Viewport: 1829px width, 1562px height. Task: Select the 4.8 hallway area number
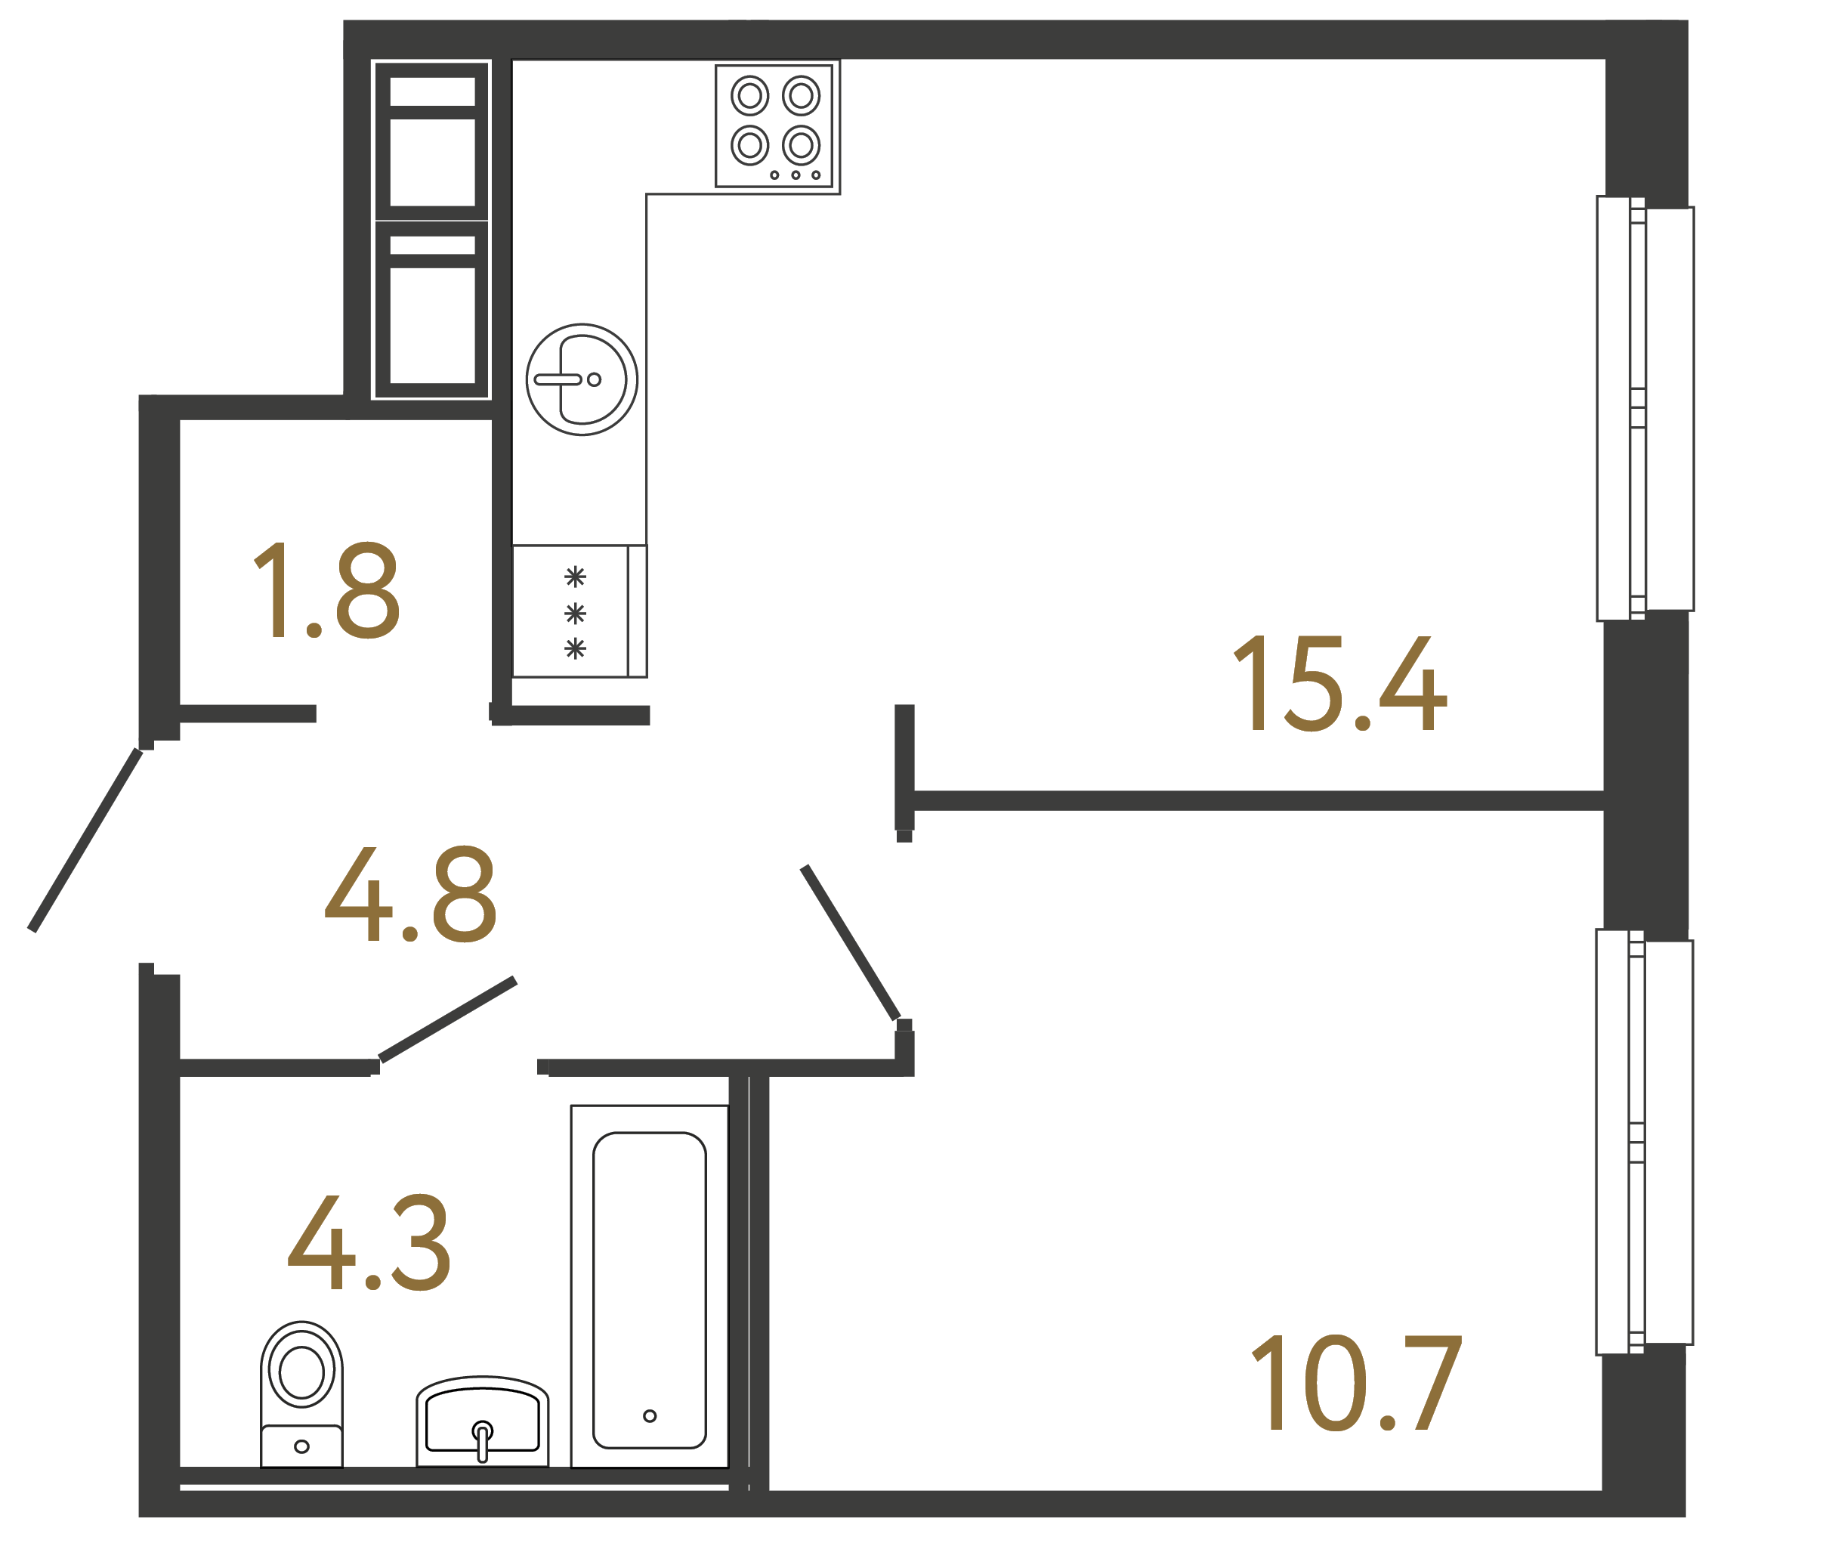[411, 895]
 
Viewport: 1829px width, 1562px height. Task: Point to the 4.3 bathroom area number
[370, 1242]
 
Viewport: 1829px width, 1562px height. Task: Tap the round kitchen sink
[582, 379]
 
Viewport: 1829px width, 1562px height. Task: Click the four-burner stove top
[774, 125]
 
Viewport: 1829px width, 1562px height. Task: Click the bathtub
[649, 1289]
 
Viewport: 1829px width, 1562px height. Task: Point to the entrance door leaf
[85, 840]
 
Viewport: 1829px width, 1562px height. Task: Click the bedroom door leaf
[849, 942]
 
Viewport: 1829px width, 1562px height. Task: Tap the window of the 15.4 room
[1644, 409]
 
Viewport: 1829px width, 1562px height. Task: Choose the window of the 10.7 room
[1644, 1142]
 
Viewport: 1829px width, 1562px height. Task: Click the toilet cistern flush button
[302, 1446]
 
